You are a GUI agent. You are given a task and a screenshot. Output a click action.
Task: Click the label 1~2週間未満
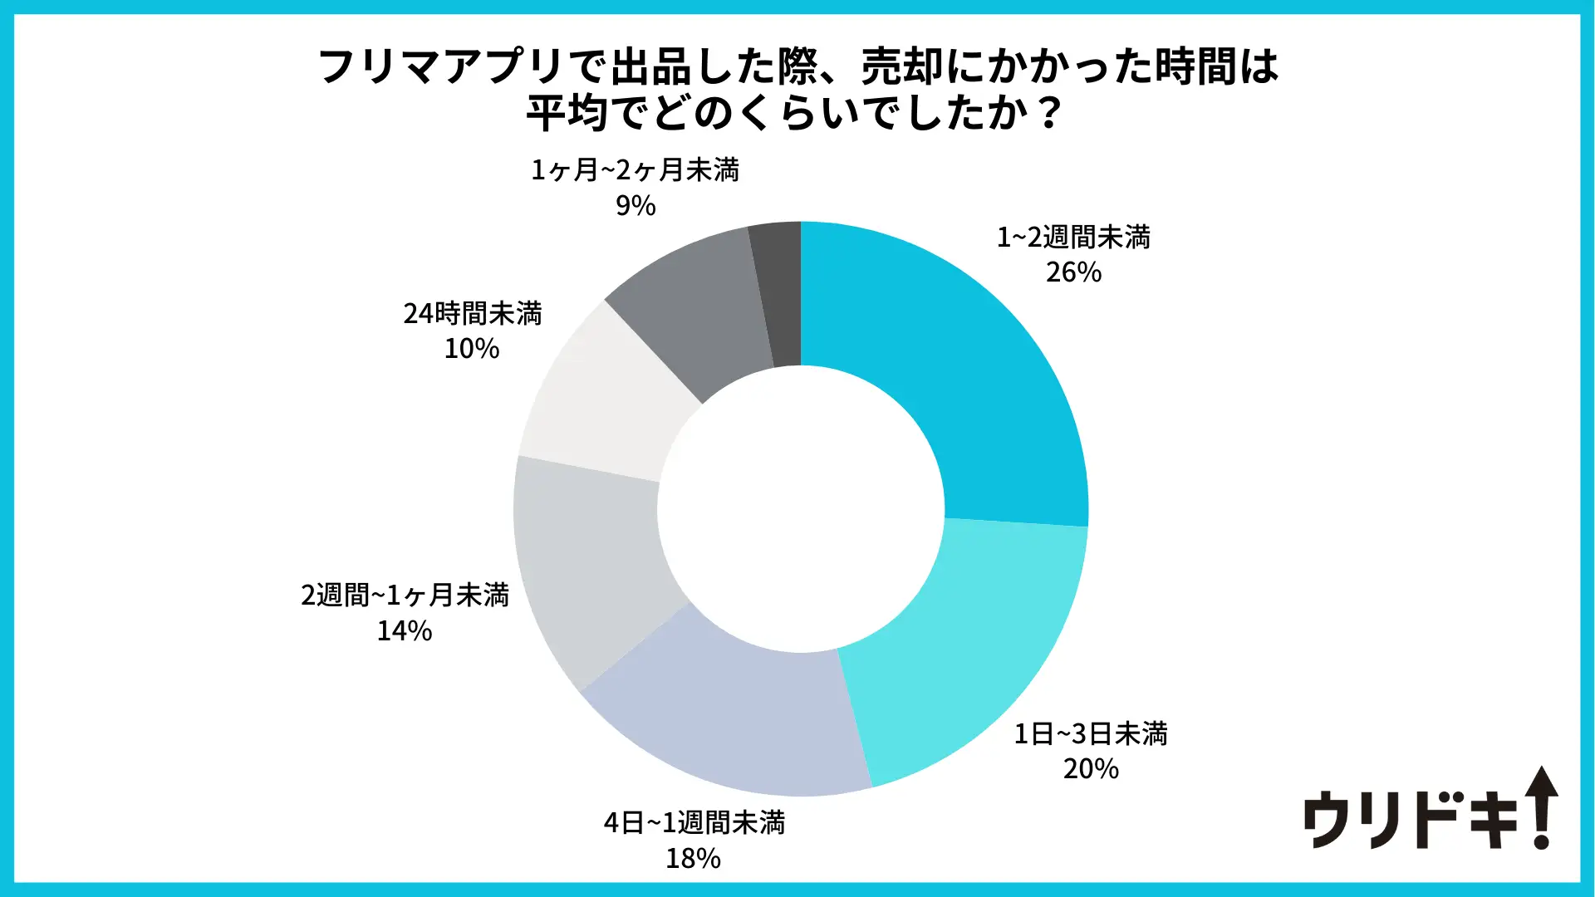click(1073, 238)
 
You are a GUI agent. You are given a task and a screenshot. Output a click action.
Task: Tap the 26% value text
click(1073, 272)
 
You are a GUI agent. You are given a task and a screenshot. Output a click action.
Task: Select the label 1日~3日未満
click(1090, 734)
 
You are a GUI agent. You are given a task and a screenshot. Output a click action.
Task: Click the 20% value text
click(1091, 769)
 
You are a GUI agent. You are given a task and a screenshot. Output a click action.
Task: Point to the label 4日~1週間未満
click(694, 823)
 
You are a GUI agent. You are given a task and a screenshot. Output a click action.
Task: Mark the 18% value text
click(693, 858)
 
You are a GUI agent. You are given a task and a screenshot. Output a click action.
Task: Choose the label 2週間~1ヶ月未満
click(405, 596)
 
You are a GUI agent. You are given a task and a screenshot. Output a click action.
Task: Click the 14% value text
click(405, 631)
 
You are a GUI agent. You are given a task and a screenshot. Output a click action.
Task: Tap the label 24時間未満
click(472, 314)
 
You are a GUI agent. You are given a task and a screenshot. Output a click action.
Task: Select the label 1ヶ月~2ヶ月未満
click(635, 170)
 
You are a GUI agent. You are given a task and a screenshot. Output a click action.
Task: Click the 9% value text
click(636, 206)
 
